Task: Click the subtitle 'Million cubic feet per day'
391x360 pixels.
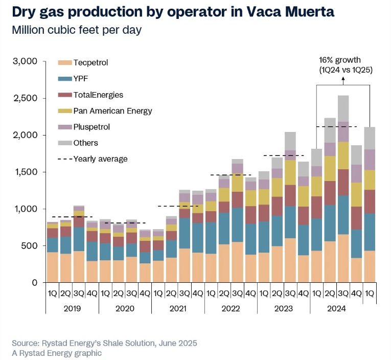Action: (77, 30)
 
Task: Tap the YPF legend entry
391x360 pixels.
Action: (82, 79)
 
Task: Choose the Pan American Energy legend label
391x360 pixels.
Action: (112, 110)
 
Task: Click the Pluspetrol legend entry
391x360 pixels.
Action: (91, 126)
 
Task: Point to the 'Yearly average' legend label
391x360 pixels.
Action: (100, 159)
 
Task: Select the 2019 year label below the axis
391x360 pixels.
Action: (72, 309)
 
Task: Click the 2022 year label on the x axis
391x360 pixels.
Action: (231, 309)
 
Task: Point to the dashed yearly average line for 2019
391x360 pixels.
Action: (72, 217)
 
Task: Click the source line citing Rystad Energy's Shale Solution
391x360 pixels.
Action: (104, 343)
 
